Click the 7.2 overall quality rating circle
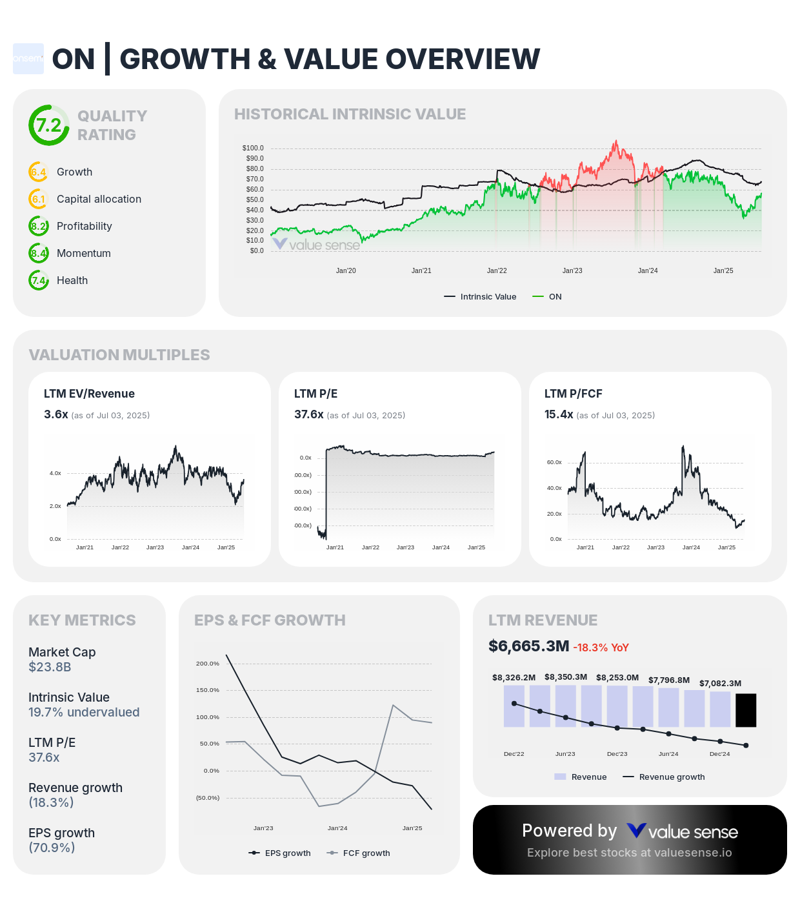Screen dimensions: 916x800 (x=48, y=125)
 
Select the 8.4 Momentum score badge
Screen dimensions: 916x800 (x=39, y=253)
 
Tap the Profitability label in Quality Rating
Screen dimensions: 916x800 (x=84, y=226)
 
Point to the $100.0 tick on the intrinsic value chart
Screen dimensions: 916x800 (x=253, y=148)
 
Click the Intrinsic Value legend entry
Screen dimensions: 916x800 (x=481, y=297)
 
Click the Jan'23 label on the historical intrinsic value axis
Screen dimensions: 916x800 (x=572, y=270)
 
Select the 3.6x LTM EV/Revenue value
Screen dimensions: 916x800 (x=56, y=414)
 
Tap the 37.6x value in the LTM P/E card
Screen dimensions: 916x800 (x=308, y=414)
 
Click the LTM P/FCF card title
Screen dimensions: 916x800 (x=573, y=394)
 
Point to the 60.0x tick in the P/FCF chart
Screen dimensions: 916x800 (x=554, y=462)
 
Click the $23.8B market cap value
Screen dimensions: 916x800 (x=50, y=667)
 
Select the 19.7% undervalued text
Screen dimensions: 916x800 (x=84, y=712)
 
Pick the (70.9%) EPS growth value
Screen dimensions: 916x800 (x=52, y=848)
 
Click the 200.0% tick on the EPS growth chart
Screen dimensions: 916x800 (x=207, y=664)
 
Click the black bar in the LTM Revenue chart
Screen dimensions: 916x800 (x=746, y=710)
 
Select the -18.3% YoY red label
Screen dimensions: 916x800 (x=601, y=647)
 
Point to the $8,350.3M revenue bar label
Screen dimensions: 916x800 (x=566, y=677)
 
